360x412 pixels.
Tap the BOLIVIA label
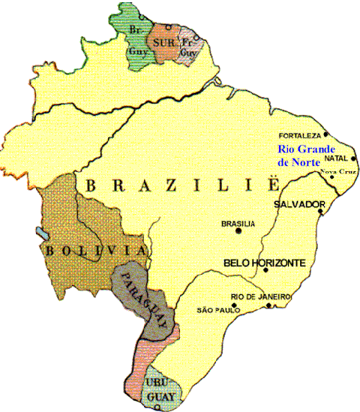point(94,250)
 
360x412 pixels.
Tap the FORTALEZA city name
point(299,136)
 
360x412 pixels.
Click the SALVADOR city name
point(298,204)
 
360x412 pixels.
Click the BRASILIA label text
point(238,223)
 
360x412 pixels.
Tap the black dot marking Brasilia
point(239,231)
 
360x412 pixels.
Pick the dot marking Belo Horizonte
point(266,270)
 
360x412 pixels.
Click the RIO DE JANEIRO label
point(260,296)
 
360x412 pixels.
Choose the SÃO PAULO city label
point(217,309)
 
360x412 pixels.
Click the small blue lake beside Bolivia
point(38,230)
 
